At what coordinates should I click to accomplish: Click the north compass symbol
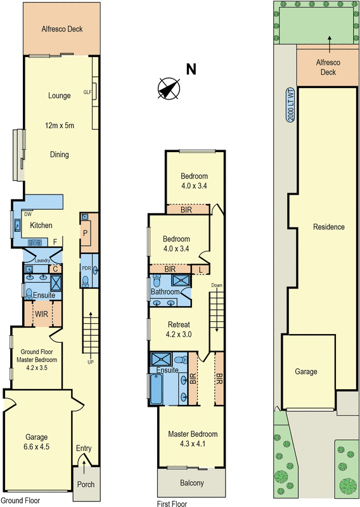pos(168,88)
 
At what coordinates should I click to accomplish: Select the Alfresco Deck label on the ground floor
pos(62,29)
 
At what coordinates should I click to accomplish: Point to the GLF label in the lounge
pos(88,92)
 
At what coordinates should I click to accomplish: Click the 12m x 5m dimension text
pos(60,125)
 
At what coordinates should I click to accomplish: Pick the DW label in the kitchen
pos(28,215)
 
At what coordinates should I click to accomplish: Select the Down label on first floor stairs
pos(217,285)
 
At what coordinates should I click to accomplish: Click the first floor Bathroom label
pos(165,292)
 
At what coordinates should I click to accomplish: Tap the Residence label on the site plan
pos(328,227)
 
